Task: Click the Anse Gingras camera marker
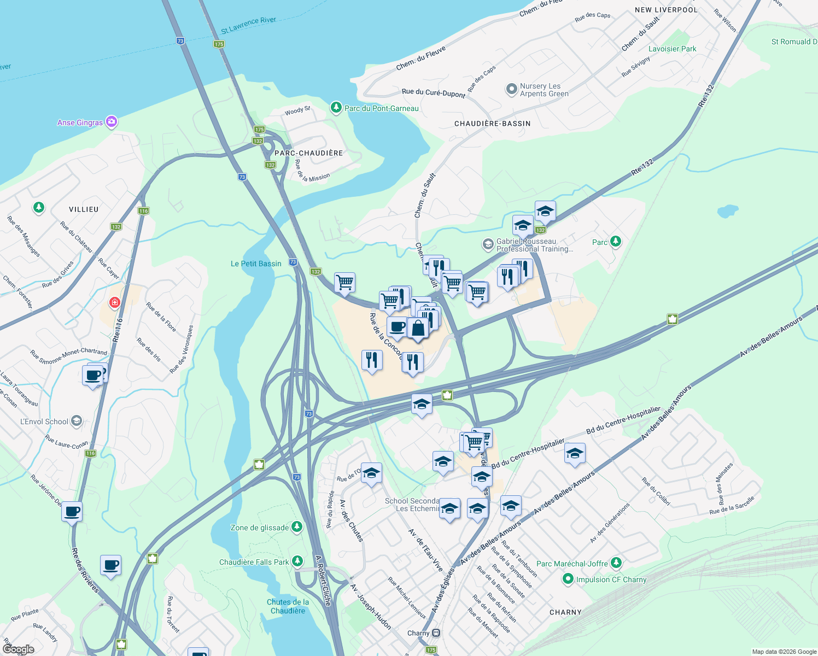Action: [x=112, y=122]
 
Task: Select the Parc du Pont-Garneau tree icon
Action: [x=336, y=108]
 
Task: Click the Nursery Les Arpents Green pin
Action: [x=511, y=89]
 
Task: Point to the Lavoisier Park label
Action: [x=672, y=49]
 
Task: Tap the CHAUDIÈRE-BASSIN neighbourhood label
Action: [x=492, y=124]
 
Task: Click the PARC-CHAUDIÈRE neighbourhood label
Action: [x=308, y=153]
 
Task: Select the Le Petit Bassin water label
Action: [x=256, y=263]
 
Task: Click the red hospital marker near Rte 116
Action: [x=114, y=302]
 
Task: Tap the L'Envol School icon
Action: [x=77, y=421]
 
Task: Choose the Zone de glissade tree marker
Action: [x=297, y=527]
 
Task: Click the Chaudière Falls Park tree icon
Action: [x=297, y=561]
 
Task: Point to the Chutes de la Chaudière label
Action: [x=288, y=606]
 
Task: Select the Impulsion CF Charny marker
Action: [x=568, y=579]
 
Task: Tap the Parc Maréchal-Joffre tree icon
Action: [x=616, y=563]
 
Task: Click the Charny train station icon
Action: [x=436, y=633]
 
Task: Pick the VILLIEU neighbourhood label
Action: [x=84, y=209]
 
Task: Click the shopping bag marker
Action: [x=418, y=328]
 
